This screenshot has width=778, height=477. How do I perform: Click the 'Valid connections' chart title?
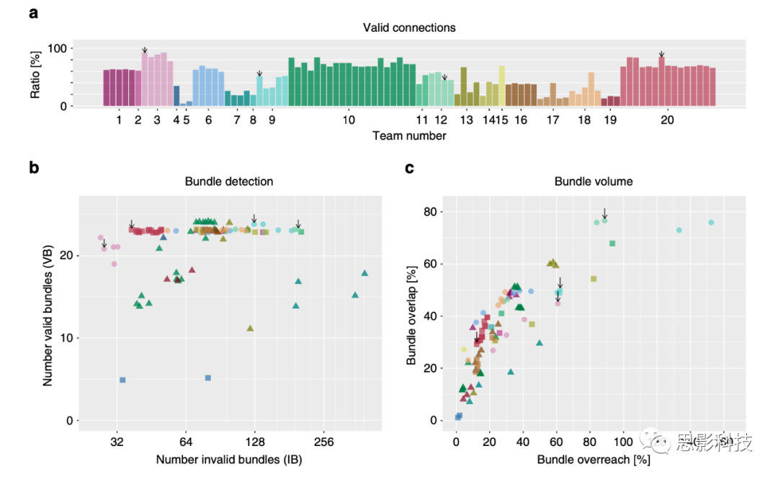pos(409,27)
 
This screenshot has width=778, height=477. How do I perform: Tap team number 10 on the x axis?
pos(349,120)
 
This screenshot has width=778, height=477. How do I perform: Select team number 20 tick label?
pos(667,120)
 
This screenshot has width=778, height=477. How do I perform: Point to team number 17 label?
pos(553,120)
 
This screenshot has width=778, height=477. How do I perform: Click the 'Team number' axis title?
pos(409,135)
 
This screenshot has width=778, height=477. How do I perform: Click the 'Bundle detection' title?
pos(229,182)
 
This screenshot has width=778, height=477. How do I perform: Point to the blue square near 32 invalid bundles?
pos(122,380)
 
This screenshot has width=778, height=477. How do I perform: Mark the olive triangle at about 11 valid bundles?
pos(250,328)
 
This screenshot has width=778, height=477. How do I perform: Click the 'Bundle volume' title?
pos(594,182)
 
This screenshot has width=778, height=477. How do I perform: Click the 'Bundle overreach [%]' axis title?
pos(594,459)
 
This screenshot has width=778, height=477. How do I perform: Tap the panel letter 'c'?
pos(409,169)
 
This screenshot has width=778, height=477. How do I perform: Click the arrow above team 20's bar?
pos(661,54)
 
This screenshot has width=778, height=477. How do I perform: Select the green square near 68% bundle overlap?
pos(612,244)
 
